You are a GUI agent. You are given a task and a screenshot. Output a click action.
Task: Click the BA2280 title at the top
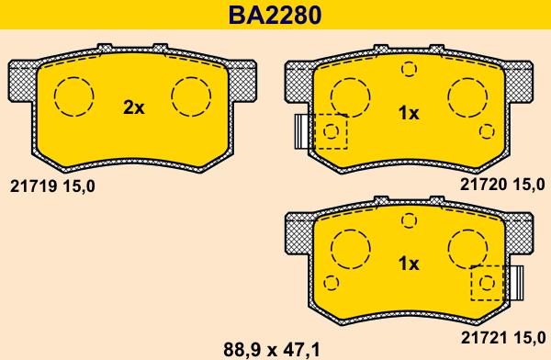[x=275, y=16]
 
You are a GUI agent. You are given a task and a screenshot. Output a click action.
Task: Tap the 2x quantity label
[x=134, y=108]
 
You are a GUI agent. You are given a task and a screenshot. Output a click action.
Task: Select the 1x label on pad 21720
[x=408, y=113]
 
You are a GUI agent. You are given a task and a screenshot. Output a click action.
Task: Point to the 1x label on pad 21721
[x=408, y=264]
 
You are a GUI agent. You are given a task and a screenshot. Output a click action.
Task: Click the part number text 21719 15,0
[x=51, y=186]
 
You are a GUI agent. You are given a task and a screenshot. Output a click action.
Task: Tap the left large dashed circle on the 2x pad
[x=73, y=96]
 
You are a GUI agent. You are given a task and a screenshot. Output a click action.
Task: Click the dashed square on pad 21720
[x=331, y=131]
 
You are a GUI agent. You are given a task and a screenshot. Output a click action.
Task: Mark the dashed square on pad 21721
[x=487, y=283]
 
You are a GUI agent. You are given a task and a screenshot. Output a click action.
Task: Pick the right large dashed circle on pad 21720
[x=467, y=96]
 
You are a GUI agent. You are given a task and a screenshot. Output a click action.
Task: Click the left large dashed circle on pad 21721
[x=350, y=246]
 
